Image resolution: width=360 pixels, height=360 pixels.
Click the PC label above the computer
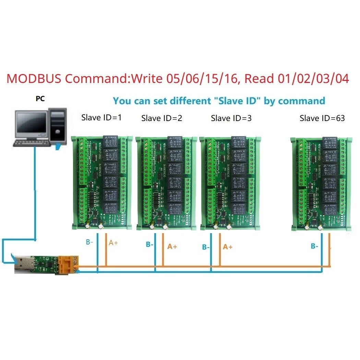click(x=40, y=99)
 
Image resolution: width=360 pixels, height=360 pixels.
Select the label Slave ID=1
click(x=101, y=118)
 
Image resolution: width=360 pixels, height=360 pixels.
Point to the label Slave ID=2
click(x=161, y=118)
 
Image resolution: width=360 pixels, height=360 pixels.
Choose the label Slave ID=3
click(x=231, y=118)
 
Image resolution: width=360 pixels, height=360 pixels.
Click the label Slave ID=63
click(x=322, y=118)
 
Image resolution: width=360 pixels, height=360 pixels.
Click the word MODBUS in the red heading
click(x=34, y=79)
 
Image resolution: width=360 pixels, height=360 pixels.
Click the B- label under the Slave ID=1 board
click(x=89, y=242)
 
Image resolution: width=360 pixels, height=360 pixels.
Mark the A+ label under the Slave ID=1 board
click(x=113, y=243)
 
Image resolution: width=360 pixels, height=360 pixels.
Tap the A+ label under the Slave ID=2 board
click(x=172, y=246)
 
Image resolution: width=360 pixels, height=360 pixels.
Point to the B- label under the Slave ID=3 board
click(x=206, y=247)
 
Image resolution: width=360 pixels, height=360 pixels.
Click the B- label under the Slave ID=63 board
click(x=314, y=246)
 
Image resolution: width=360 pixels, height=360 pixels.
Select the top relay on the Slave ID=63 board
click(x=329, y=142)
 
